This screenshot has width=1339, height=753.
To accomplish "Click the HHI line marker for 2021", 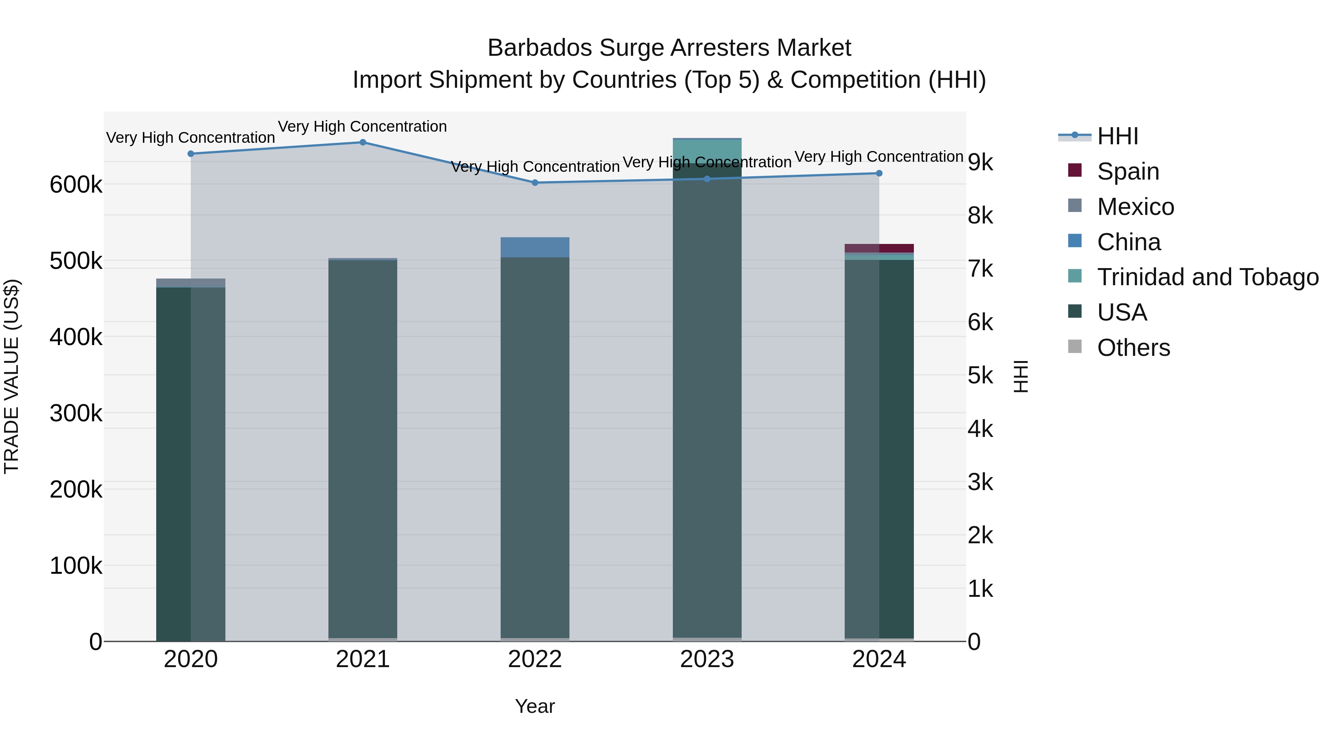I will coord(363,142).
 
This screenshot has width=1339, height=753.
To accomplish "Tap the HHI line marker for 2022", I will coord(535,183).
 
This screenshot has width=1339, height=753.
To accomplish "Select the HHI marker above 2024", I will coord(879,173).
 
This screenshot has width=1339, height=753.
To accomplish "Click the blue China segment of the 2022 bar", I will coord(535,247).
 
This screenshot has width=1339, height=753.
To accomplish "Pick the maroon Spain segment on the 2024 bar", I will coord(879,248).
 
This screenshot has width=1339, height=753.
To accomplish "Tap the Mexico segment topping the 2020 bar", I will coord(191,283).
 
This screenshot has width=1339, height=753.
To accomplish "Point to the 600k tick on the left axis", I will coord(76,184).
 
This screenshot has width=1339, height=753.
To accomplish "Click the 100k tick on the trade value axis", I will coord(76,565).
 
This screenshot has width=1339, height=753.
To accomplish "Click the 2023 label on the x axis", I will coord(707,659).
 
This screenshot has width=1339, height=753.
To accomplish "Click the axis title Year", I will coord(535,706).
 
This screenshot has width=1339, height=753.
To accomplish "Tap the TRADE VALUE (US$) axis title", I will coord(12,376).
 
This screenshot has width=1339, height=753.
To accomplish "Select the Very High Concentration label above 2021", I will coord(362,126).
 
